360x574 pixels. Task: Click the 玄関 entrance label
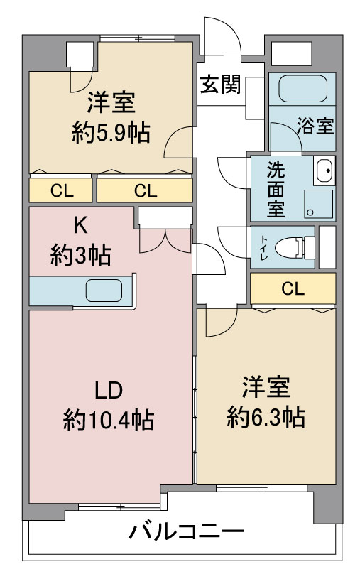click(221, 85)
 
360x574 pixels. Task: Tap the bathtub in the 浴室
click(302, 89)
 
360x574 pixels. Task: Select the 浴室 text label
click(315, 126)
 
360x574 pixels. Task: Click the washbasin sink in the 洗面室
click(324, 170)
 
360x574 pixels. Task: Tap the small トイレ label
click(263, 247)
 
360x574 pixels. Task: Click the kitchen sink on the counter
click(104, 291)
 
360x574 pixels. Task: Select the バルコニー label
click(186, 531)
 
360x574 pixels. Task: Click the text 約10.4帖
click(109, 420)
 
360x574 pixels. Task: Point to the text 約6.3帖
click(266, 417)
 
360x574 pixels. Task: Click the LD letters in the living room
click(109, 390)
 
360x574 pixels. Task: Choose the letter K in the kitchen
click(80, 225)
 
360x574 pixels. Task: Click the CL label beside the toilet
click(293, 289)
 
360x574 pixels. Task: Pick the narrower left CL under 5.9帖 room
click(62, 190)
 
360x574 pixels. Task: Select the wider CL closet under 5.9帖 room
click(146, 190)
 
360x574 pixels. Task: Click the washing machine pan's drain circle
click(310, 212)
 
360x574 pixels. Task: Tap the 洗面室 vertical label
click(276, 189)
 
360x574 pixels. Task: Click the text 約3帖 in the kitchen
click(80, 255)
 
